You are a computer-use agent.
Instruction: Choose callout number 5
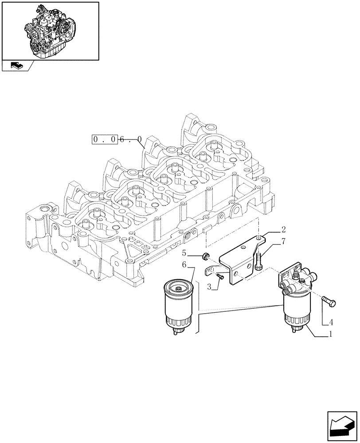point(184,253)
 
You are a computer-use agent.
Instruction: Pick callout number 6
point(184,265)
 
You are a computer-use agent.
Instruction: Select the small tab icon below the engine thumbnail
point(16,66)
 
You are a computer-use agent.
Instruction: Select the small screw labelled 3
point(219,277)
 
